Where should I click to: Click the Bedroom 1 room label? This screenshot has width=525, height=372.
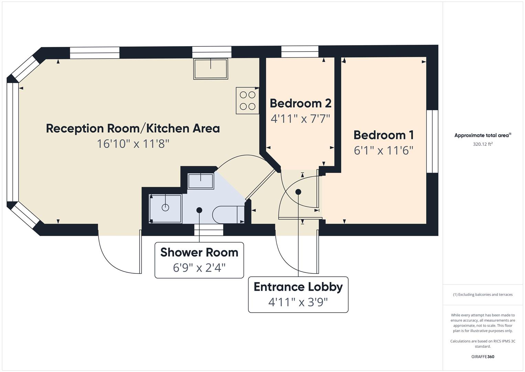[383, 135]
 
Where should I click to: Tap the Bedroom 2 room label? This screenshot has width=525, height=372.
[300, 103]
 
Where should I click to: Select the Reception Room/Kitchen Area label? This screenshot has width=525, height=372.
[133, 128]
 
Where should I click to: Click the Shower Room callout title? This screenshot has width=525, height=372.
[199, 252]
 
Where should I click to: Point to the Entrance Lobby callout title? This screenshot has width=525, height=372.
[298, 287]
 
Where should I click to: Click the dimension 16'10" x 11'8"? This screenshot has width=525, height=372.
[133, 144]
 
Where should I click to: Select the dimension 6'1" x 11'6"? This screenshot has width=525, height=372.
[383, 151]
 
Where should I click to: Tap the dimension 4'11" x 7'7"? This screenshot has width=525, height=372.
[300, 119]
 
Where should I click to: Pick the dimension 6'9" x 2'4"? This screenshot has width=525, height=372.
[199, 268]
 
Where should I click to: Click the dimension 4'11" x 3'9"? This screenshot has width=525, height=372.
[298, 302]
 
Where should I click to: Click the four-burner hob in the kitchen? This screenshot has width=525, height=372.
[248, 101]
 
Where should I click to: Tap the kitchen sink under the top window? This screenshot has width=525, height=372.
[211, 69]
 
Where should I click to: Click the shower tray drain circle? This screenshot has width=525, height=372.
[165, 208]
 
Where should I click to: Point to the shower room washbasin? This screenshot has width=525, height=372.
[201, 181]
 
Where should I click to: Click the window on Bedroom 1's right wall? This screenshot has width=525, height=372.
[432, 141]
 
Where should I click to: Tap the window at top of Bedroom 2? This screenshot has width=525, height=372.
[300, 52]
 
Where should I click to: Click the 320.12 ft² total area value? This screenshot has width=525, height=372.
[483, 144]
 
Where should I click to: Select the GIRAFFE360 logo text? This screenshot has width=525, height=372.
[483, 356]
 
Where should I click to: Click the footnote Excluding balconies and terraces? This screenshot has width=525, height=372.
[483, 294]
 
